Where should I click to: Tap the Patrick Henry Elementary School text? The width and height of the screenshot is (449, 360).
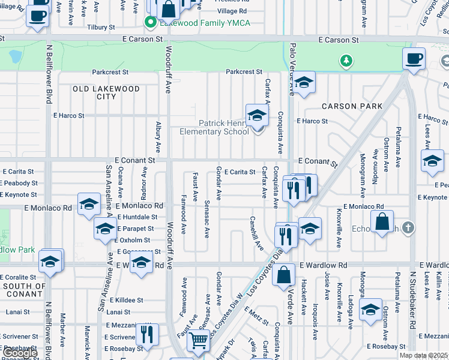coord(215,127)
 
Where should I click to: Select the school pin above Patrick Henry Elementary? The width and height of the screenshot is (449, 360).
coord(256,115)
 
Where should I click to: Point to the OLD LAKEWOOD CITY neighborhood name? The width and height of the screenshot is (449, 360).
coord(106,92)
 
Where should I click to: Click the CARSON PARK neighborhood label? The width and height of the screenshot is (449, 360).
coord(352,106)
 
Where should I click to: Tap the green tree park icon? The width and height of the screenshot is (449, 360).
coord(346,60)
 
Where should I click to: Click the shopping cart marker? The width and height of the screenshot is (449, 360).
coord(199,341)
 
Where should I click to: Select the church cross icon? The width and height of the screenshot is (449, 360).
coord(408,227)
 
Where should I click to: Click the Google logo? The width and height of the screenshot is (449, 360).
coord(19,353)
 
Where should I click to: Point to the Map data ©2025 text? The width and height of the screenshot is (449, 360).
coord(423,355)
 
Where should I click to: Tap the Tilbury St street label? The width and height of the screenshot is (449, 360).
coord(101,28)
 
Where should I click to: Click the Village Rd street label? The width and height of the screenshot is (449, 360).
coord(232,11)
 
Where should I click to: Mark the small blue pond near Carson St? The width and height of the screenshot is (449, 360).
coord(15,56)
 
